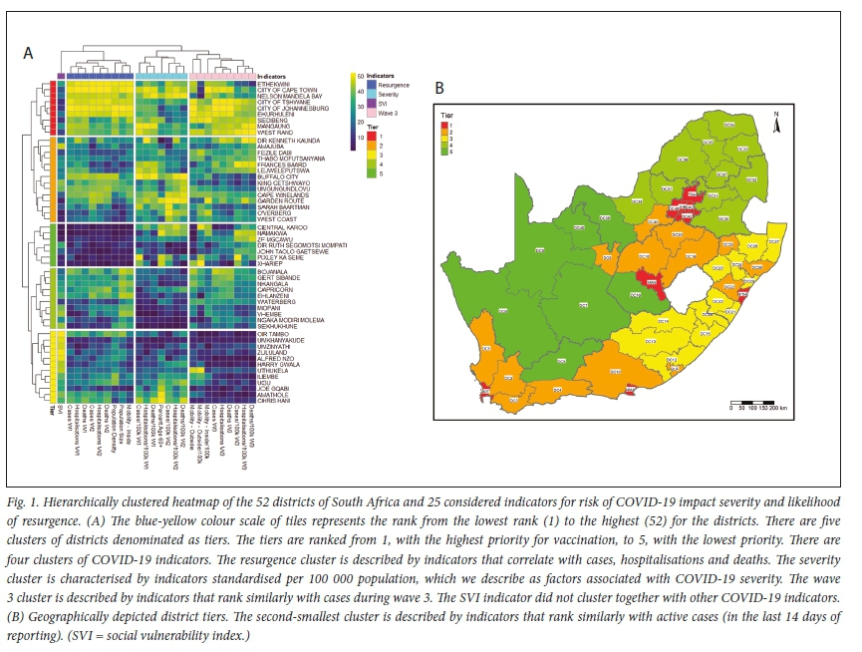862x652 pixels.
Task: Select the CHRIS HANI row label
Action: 273,400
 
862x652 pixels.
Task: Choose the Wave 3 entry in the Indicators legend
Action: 384,111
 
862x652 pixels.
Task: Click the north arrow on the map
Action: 787,123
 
